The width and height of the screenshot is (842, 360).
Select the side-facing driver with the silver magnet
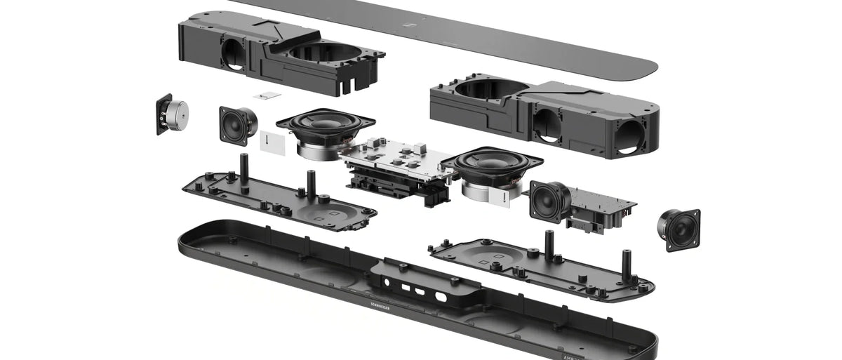173,115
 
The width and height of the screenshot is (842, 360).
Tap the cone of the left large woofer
325,122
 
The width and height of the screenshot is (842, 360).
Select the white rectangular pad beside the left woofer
271,141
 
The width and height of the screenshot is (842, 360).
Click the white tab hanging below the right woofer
512,199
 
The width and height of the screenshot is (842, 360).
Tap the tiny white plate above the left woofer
267,95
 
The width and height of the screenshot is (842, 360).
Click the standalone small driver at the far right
679,229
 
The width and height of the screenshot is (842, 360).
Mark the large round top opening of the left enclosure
325,53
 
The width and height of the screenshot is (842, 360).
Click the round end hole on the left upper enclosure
234,53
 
